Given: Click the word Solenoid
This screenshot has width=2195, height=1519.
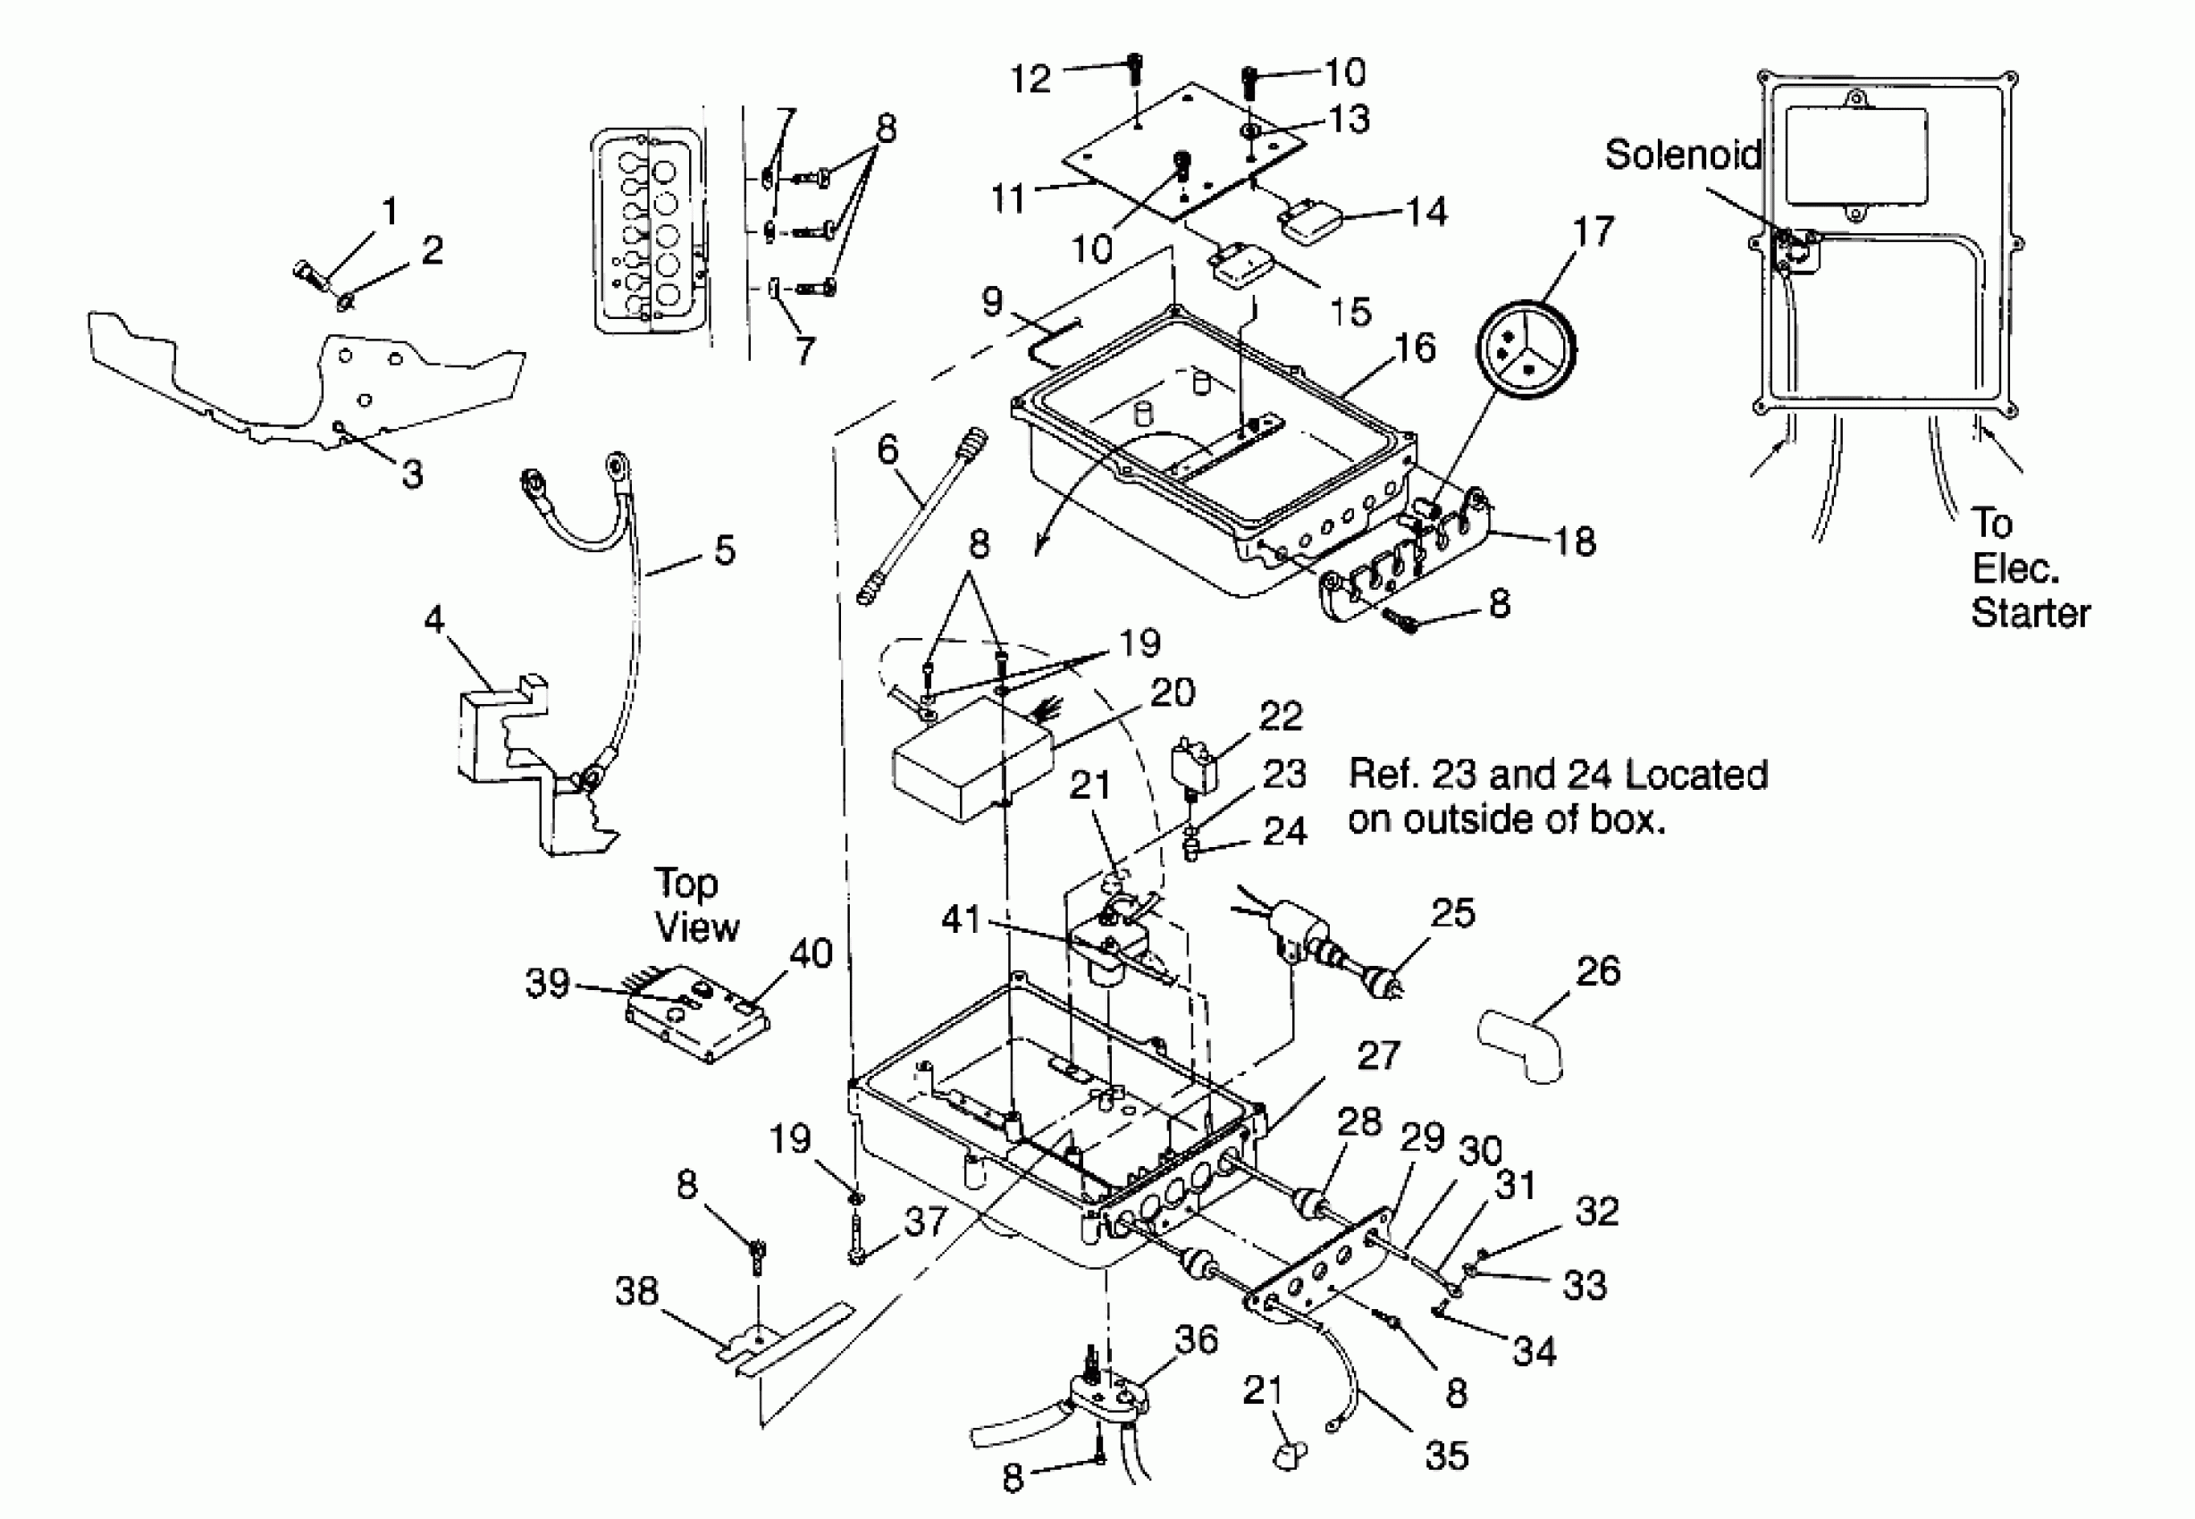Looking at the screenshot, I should (x=1682, y=155).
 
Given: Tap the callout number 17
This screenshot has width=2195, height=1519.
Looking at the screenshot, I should (x=1594, y=231).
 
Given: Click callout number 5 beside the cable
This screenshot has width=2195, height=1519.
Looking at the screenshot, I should (x=725, y=550).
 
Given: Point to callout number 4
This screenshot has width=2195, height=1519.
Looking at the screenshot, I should (x=434, y=619).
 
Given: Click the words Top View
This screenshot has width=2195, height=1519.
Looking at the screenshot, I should (x=696, y=905).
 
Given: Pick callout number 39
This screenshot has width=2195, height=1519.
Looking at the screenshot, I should (x=547, y=983).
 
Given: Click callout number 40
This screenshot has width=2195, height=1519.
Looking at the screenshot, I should (x=811, y=953).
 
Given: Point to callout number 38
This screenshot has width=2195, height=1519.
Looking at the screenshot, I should (x=637, y=1291).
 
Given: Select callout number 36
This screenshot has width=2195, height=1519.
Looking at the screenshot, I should (x=1197, y=1340).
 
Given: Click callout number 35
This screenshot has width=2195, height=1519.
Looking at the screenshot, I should (x=1446, y=1456).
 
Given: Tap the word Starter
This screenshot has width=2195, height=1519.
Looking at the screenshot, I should (x=2031, y=613).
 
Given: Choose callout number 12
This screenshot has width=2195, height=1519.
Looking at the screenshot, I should (x=1030, y=78).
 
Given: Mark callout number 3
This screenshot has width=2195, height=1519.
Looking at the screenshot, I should (x=412, y=473).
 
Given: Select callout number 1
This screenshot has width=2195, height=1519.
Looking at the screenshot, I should (x=390, y=211).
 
